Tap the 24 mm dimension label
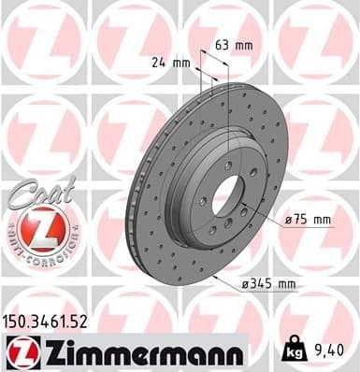(170, 63)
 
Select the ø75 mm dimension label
(310, 220)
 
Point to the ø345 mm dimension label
(269, 283)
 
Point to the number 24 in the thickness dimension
(161, 63)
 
